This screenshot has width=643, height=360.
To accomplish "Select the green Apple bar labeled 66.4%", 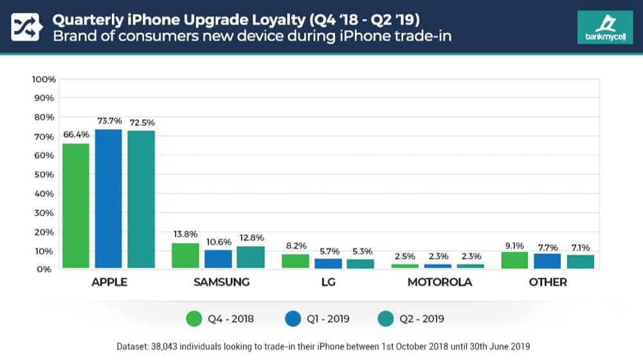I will click(x=75, y=205).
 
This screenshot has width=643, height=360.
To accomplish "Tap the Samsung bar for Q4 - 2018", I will click(x=185, y=255).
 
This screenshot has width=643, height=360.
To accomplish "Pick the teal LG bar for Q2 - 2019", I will click(x=360, y=263).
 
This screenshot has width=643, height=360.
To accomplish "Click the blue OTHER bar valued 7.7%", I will click(x=547, y=260).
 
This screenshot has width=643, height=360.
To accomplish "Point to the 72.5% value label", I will click(x=141, y=122).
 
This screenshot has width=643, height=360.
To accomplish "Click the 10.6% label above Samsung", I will click(x=218, y=242).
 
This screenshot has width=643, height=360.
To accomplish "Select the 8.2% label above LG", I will click(x=295, y=246).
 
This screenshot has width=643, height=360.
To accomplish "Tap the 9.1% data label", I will click(x=514, y=244).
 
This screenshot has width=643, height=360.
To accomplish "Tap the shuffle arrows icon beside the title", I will click(x=26, y=26).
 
